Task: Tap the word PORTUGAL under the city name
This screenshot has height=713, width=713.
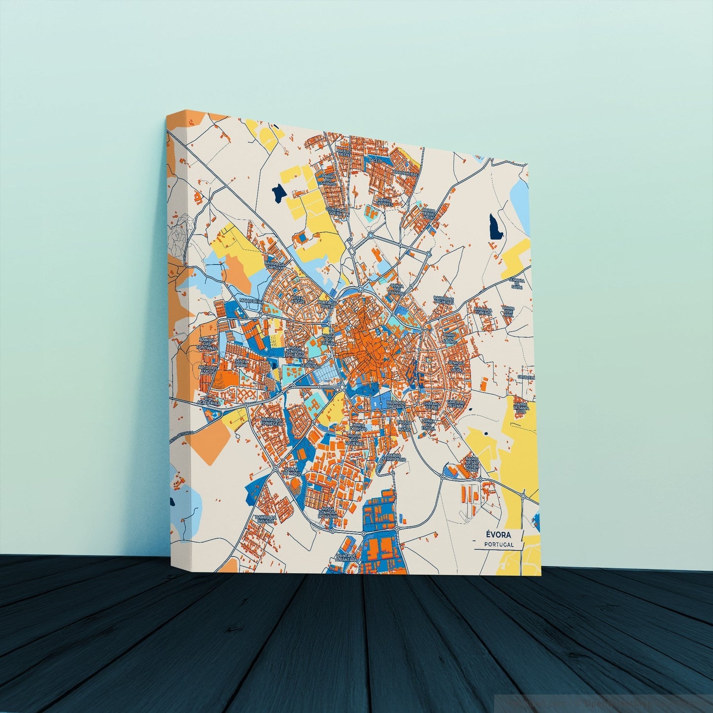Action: (x=499, y=545)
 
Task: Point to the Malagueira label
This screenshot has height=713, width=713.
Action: (x=250, y=300)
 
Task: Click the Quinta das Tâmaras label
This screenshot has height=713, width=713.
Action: (x=397, y=290)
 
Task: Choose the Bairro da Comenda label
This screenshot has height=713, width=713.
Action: (x=483, y=311)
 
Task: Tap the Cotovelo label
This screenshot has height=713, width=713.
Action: (x=524, y=377)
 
